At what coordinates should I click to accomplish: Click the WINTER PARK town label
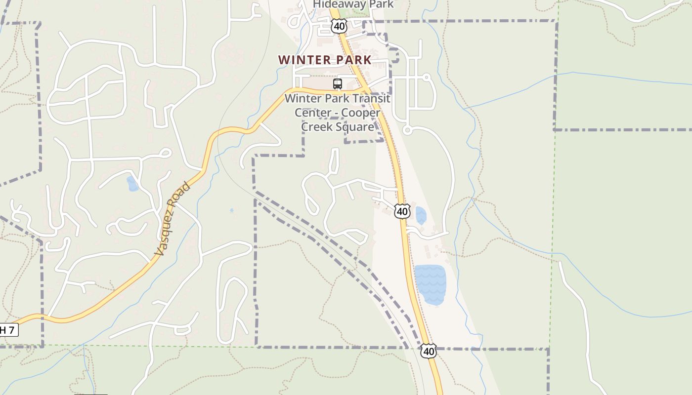[324, 60]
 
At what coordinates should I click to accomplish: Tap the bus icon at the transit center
[338, 84]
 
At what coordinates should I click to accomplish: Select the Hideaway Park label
[353, 4]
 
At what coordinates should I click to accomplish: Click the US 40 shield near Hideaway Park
[339, 26]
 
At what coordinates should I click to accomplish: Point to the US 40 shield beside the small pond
[402, 211]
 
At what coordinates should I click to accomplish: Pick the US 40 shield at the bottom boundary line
[429, 351]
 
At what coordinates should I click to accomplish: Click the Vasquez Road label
[172, 219]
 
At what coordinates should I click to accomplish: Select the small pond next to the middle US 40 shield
[421, 216]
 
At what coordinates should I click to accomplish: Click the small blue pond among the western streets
[132, 184]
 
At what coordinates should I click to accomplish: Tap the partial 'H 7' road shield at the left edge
[9, 330]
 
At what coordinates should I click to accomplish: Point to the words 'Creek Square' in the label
[338, 127]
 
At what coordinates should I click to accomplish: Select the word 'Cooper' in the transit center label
[362, 113]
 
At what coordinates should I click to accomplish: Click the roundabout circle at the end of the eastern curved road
[407, 130]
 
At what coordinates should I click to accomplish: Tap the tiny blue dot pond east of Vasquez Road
[231, 210]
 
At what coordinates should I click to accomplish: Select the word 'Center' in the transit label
[313, 113]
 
